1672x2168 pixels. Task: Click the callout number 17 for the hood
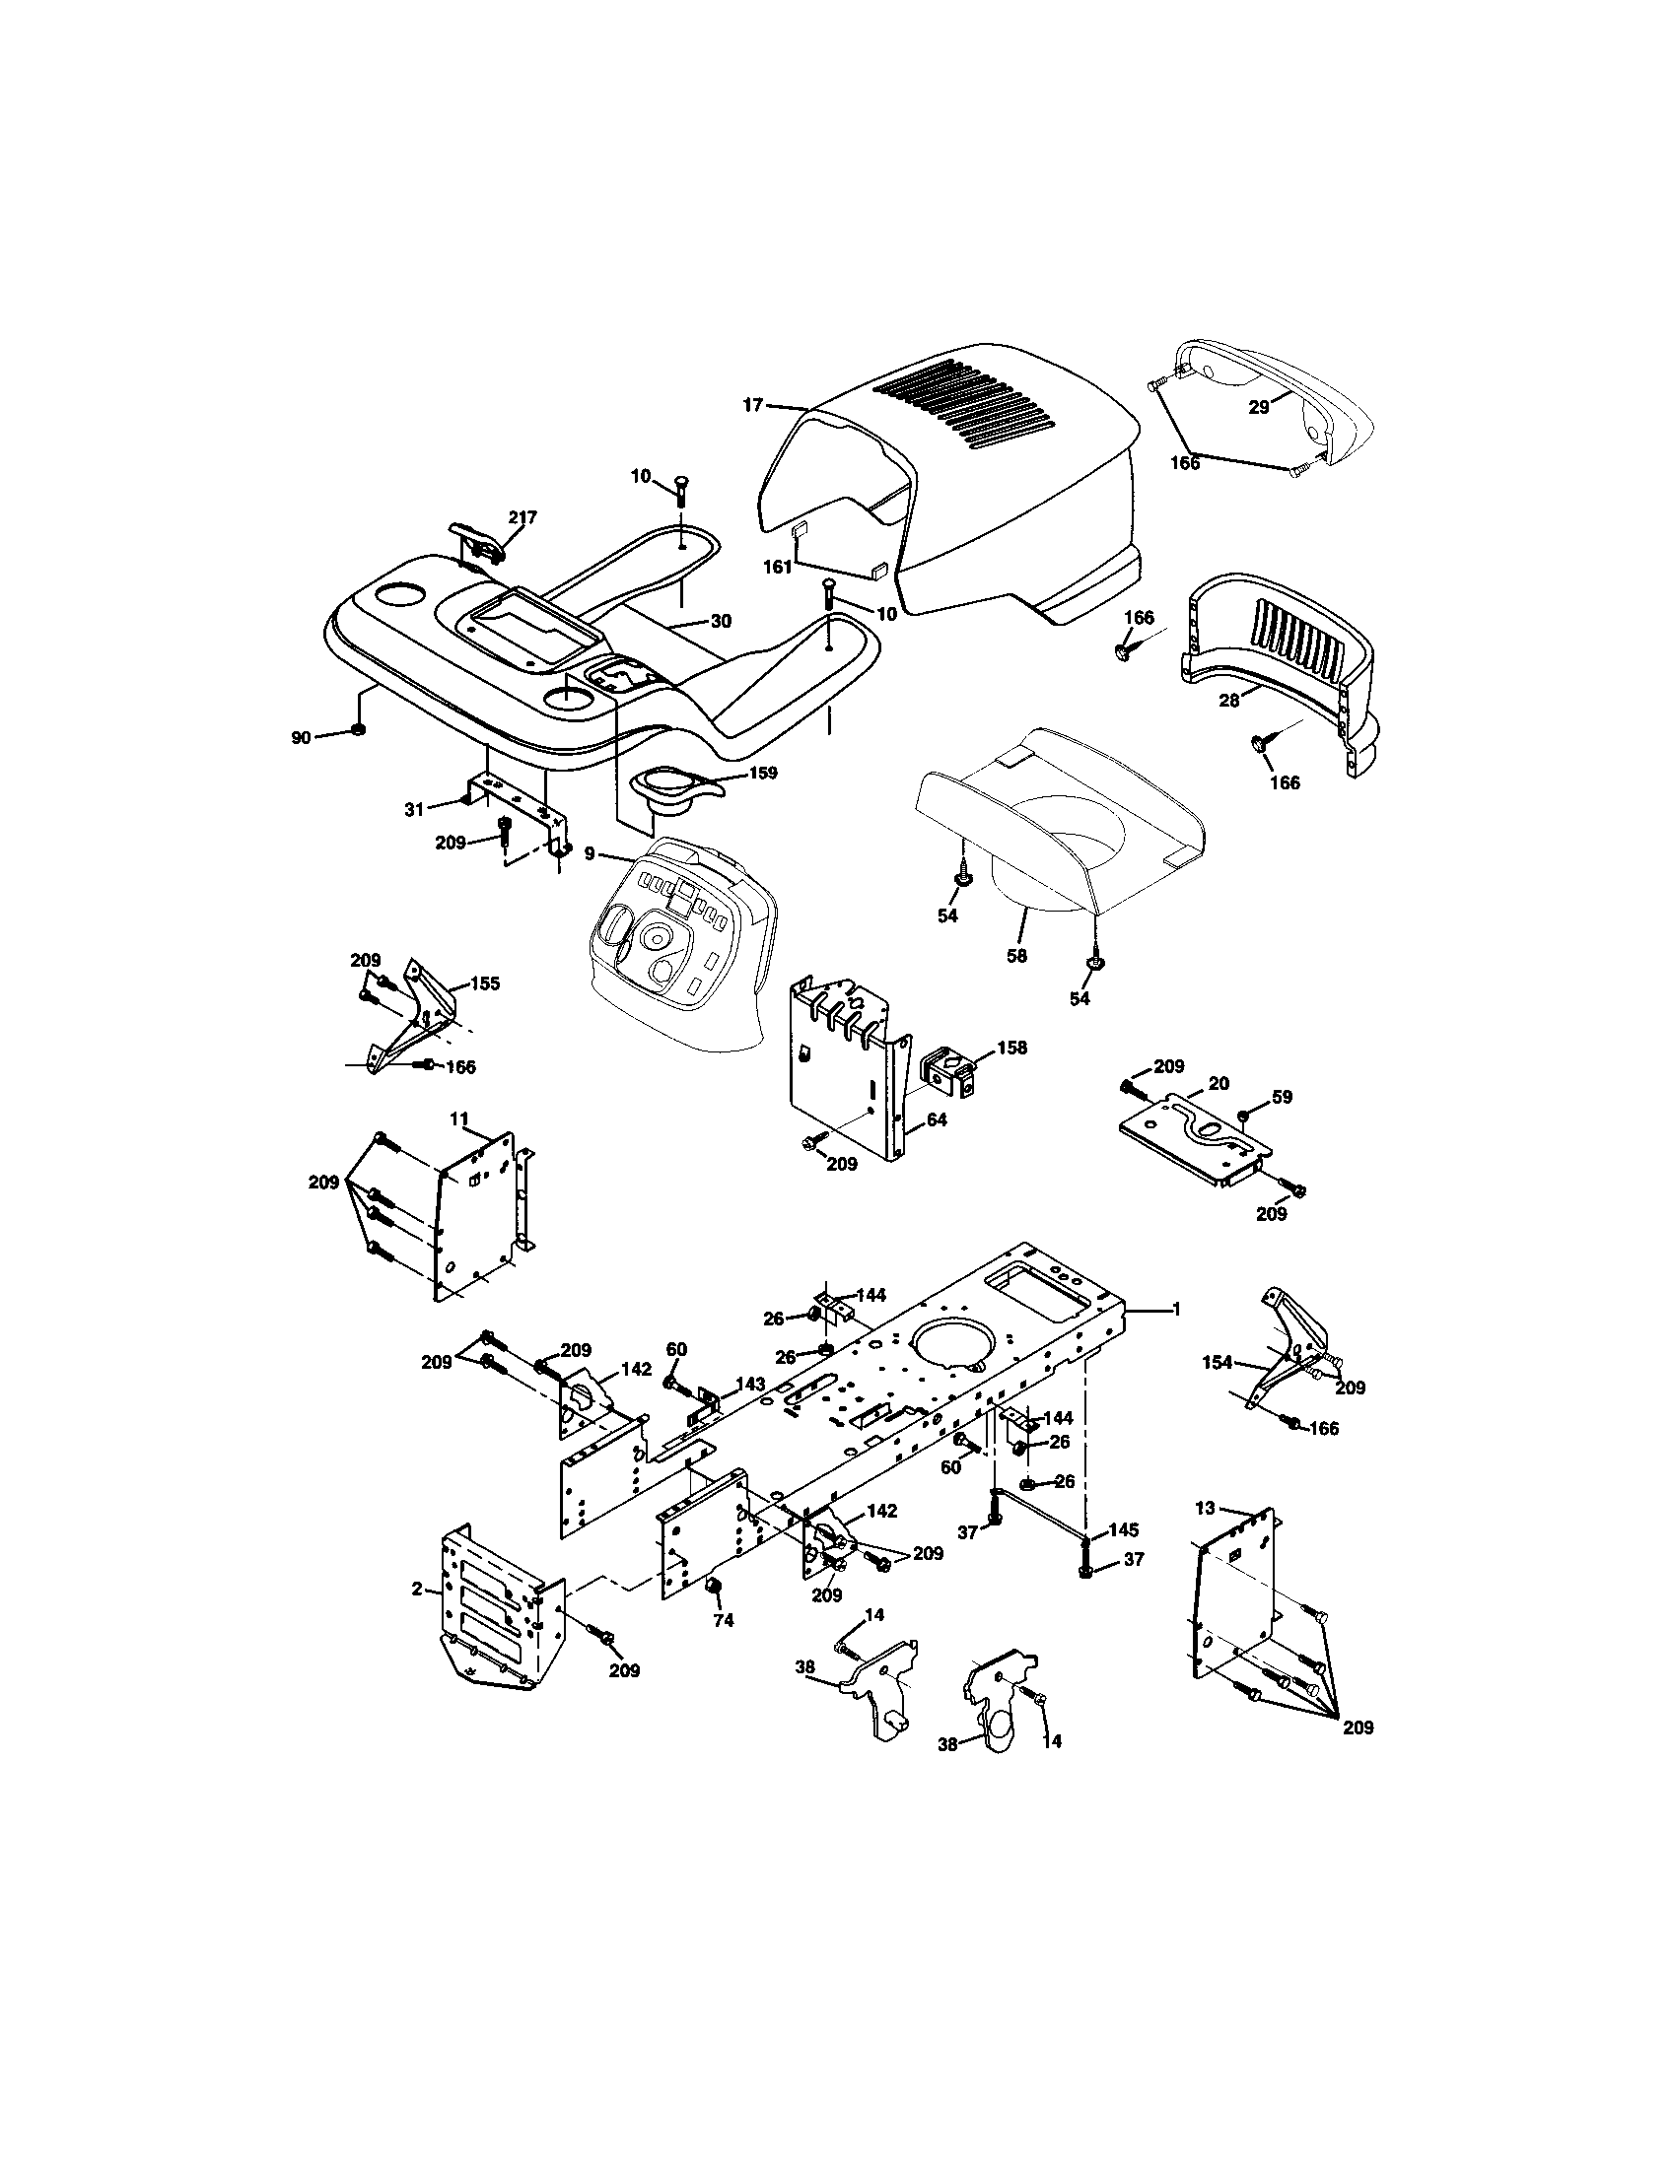point(752,404)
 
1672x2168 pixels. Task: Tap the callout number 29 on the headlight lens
point(1259,407)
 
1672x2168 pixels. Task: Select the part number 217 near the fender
point(522,517)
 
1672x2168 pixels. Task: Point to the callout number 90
point(301,736)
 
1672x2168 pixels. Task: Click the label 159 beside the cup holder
point(763,773)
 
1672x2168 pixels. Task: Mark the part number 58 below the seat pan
point(1016,956)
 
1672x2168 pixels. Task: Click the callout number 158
point(1012,1048)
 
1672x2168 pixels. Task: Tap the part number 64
point(938,1119)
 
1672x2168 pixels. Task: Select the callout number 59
point(1282,1097)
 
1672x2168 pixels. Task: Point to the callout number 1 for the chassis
point(1176,1310)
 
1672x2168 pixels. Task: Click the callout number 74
point(724,1620)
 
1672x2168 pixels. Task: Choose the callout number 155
point(484,983)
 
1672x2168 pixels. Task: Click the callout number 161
point(778,567)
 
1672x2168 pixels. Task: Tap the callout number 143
point(749,1384)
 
